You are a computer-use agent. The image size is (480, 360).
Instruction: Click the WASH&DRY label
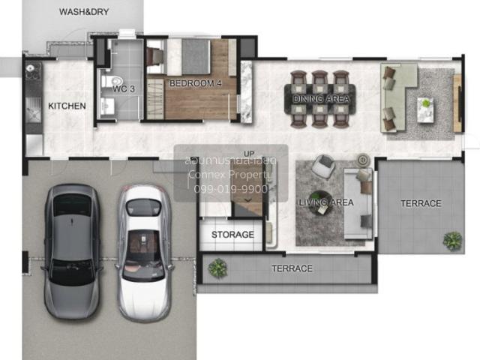(x=84, y=12)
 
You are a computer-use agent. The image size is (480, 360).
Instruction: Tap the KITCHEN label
(x=67, y=106)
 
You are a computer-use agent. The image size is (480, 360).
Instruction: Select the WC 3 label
(x=124, y=89)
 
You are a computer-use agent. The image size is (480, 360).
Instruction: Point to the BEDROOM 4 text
(x=195, y=83)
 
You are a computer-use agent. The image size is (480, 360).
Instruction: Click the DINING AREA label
(x=321, y=99)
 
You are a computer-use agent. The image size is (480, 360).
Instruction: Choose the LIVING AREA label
(x=326, y=202)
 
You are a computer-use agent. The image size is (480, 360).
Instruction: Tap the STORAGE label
(x=232, y=235)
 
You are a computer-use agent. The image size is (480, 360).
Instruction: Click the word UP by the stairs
(x=249, y=154)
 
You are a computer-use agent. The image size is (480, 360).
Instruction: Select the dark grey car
(x=72, y=252)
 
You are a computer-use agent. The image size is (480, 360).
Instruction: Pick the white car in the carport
(x=145, y=253)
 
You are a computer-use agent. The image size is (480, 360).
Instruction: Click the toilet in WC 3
(x=112, y=82)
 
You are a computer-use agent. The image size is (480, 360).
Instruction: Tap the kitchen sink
(x=33, y=110)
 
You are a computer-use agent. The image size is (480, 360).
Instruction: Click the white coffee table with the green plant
(x=425, y=110)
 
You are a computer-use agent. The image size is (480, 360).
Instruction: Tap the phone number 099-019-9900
(x=231, y=189)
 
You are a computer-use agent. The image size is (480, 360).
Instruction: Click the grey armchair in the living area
(x=323, y=166)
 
